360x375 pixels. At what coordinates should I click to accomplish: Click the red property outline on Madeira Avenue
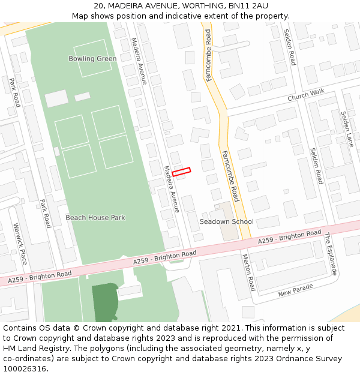click(x=181, y=172)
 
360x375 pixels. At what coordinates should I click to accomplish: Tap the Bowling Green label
click(x=92, y=59)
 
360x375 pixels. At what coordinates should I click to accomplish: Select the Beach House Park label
click(x=95, y=218)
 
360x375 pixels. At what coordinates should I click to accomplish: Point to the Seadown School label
click(x=226, y=222)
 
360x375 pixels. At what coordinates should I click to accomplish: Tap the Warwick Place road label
click(x=20, y=244)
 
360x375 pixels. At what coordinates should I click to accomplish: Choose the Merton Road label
click(x=248, y=272)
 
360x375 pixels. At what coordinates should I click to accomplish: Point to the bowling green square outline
click(x=92, y=58)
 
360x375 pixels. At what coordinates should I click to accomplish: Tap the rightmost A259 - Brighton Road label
click(x=290, y=237)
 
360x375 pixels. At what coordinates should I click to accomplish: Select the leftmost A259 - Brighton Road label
click(x=40, y=277)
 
